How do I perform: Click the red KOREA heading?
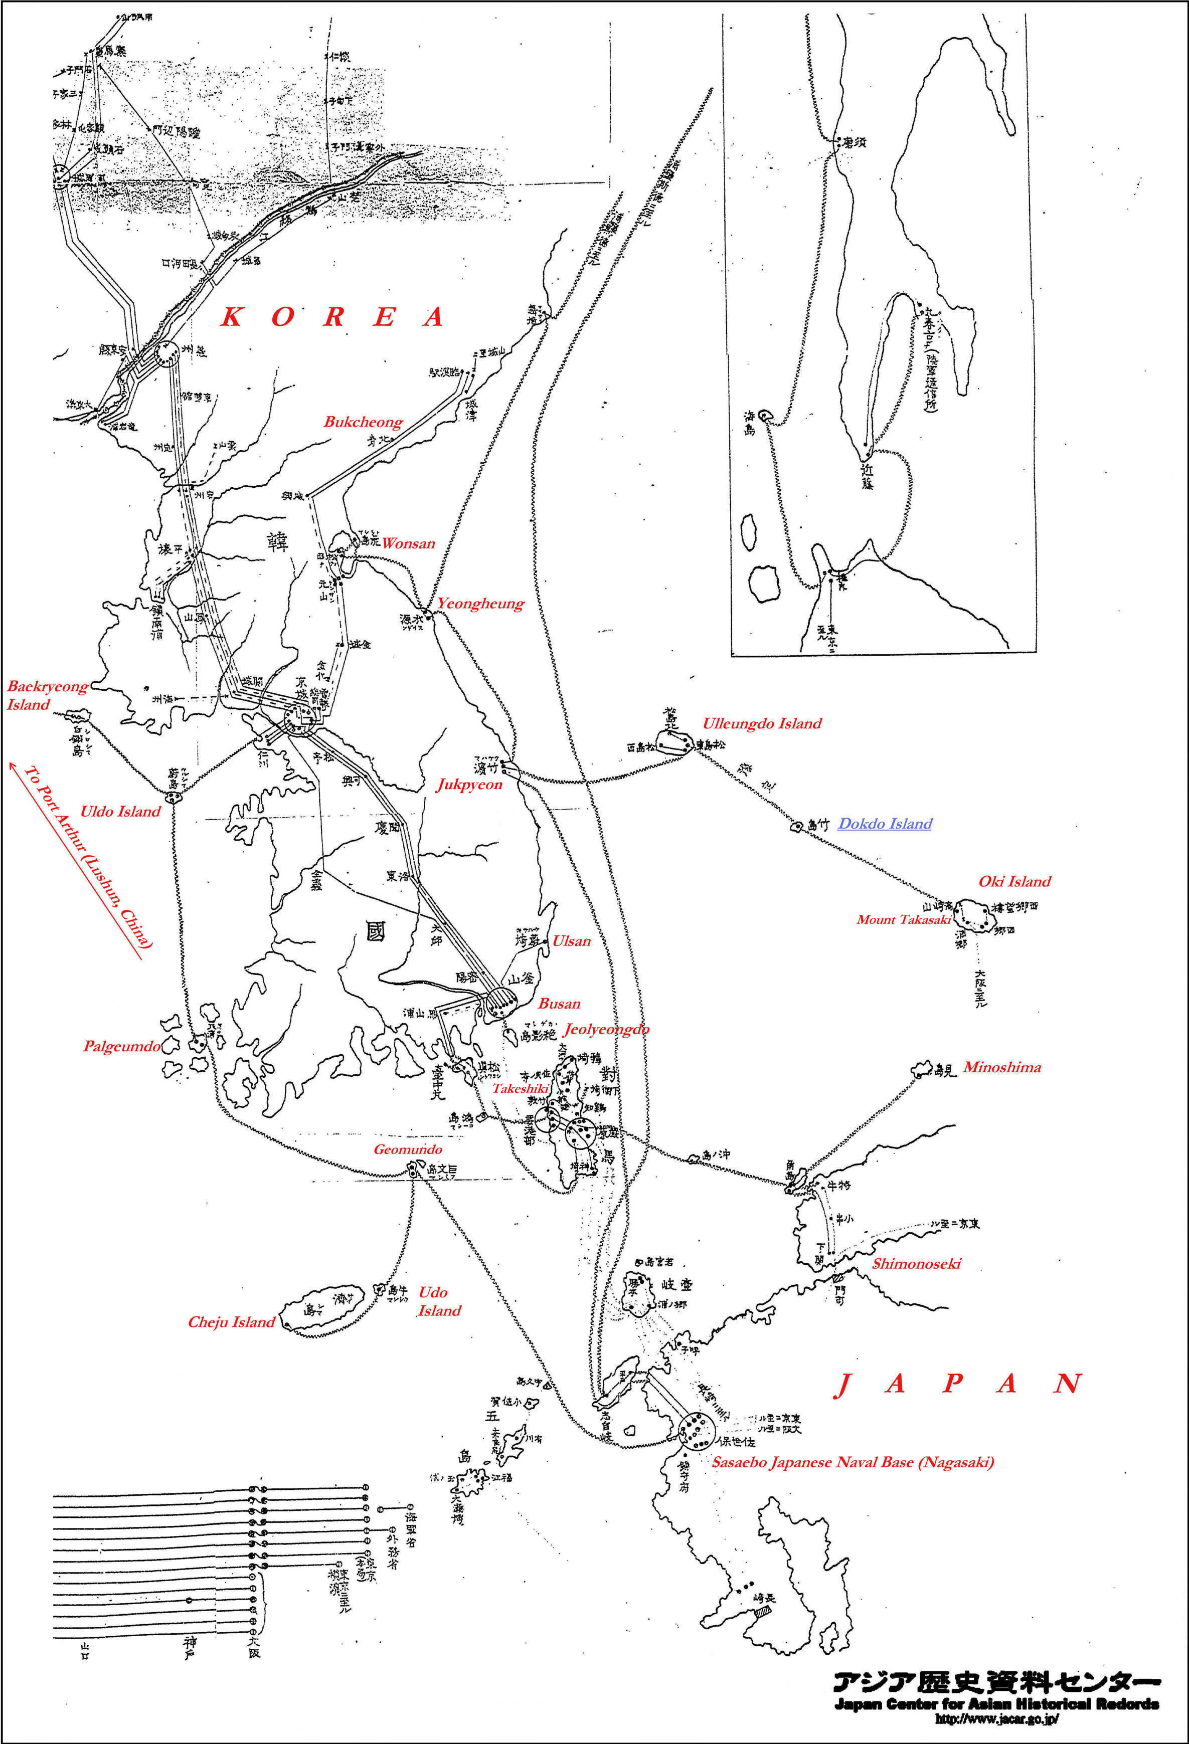332,317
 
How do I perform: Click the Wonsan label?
408,543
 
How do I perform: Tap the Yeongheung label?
480,604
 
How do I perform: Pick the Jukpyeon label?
469,785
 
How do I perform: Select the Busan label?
559,1003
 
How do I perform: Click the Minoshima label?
1002,1067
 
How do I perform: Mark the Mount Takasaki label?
904,919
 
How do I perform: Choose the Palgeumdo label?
121,1046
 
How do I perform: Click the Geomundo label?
408,1149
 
